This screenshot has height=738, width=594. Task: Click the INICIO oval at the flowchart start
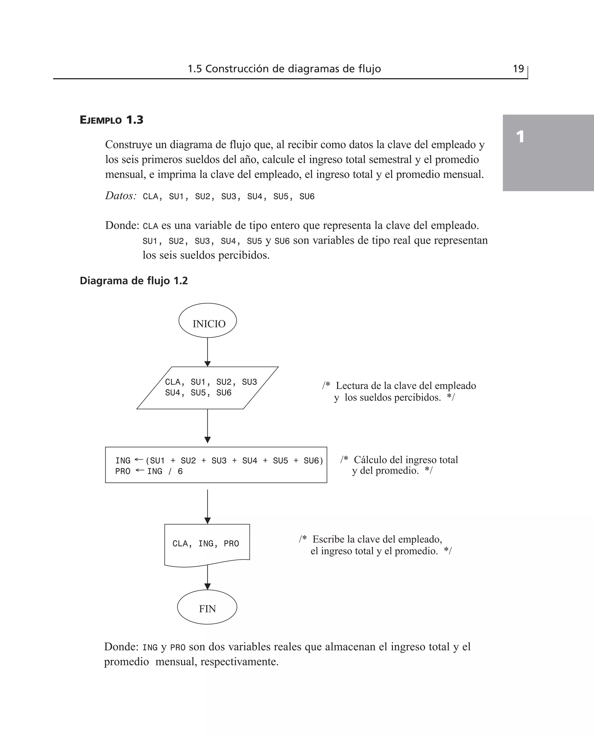click(207, 320)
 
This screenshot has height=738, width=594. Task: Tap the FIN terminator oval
click(207, 607)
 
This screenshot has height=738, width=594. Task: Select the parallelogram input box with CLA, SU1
click(207, 387)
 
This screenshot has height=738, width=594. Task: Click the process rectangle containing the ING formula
click(216, 465)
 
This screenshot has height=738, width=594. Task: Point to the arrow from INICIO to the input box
click(207, 352)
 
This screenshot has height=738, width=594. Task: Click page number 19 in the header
click(518, 69)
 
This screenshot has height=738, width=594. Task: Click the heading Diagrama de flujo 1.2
click(133, 281)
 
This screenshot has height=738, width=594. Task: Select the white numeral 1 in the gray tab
click(520, 137)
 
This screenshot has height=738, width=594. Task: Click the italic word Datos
click(120, 196)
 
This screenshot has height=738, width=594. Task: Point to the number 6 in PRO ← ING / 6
click(180, 472)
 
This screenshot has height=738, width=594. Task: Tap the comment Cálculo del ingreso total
click(399, 465)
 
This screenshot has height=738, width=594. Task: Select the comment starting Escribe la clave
click(375, 545)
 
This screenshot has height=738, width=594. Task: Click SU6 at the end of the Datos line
click(307, 196)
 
